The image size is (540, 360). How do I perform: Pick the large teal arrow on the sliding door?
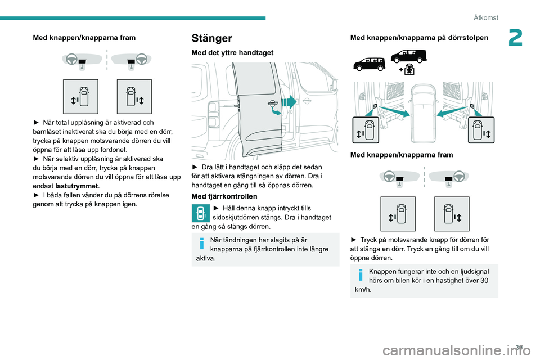coord(290,102)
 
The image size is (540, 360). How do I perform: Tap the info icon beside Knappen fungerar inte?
coord(361,274)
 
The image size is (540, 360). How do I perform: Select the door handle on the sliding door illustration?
coord(272,104)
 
